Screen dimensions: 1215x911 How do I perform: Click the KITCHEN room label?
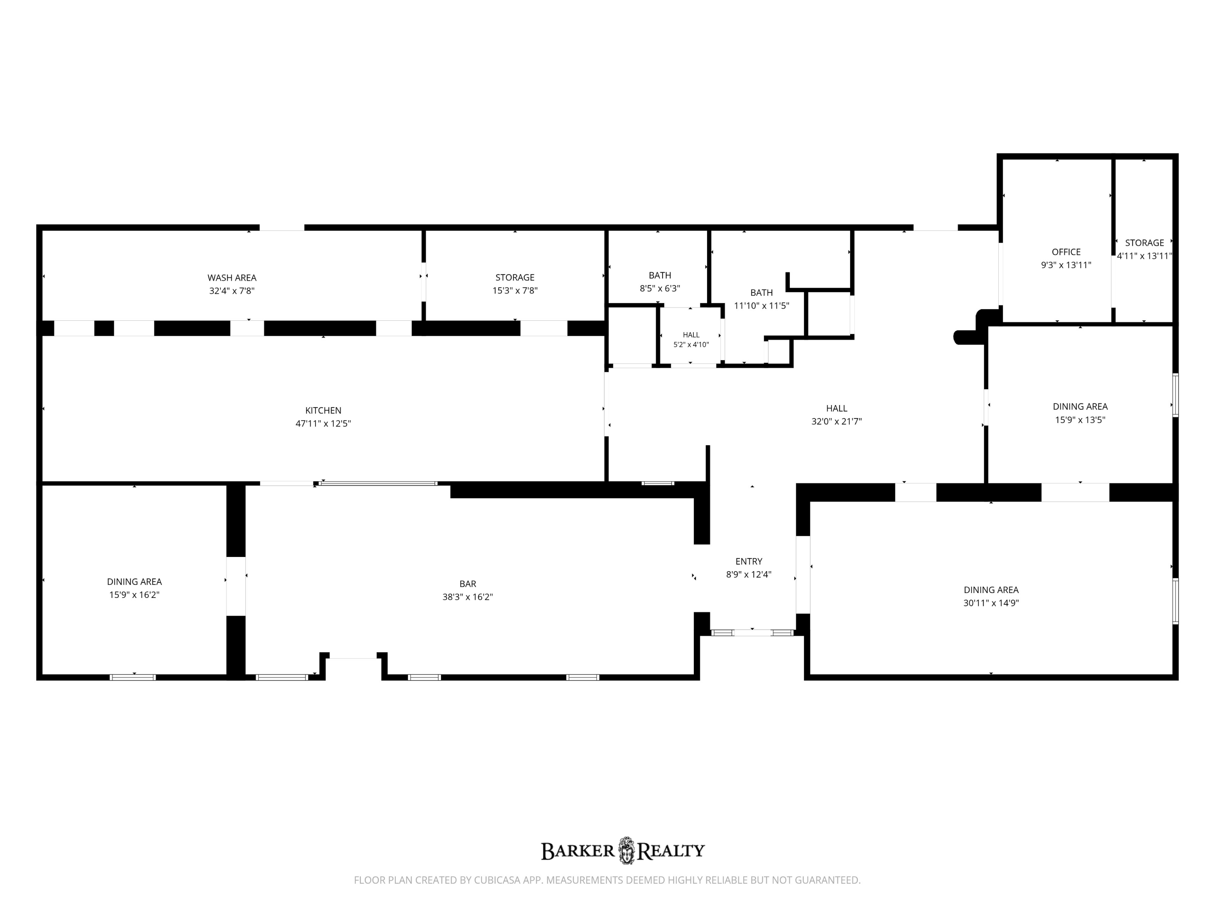(x=323, y=410)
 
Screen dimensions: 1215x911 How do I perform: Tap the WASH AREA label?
(x=232, y=278)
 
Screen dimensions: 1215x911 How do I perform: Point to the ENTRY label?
(x=749, y=561)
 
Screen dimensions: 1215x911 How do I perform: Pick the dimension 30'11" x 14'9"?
(x=991, y=603)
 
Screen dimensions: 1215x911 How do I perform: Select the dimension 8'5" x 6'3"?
(x=660, y=288)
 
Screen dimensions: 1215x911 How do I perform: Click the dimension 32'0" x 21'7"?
(x=837, y=421)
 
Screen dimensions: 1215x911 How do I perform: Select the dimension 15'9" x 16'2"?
(x=134, y=595)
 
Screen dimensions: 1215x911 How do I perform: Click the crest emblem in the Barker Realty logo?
(x=626, y=851)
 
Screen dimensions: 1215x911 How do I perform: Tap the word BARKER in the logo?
(x=578, y=851)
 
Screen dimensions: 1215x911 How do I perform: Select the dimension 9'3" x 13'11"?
(x=1066, y=265)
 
